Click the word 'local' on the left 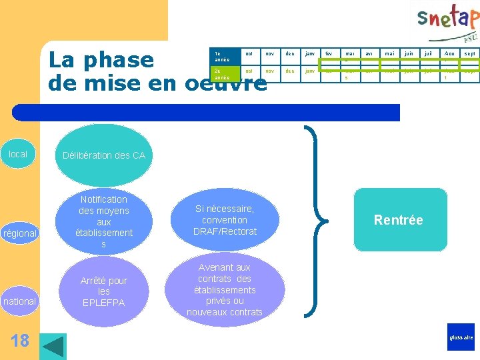point(18,154)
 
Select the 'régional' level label point(20,233)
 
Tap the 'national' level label point(20,301)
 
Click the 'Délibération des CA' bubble point(103,156)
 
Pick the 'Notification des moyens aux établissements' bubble point(103,221)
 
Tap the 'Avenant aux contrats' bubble point(225,289)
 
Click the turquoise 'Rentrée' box point(399,220)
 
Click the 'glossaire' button point(461,337)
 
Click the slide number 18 point(20,341)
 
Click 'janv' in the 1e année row point(309,53)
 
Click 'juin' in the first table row point(409,53)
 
